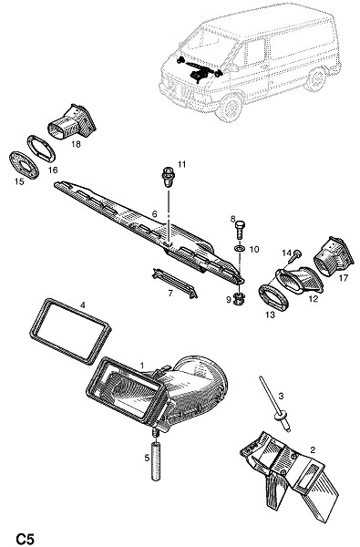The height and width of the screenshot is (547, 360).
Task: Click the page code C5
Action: [25, 538]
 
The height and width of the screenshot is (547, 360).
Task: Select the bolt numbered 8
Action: [241, 230]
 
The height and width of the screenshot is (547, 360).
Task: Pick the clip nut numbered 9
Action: [239, 298]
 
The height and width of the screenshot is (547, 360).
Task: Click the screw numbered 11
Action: [169, 177]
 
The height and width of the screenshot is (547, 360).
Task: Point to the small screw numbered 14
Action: [295, 256]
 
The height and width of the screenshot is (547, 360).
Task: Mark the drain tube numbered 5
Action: [157, 460]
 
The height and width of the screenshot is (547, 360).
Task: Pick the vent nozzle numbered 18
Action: [72, 121]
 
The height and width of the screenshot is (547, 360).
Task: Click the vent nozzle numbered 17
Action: [334, 257]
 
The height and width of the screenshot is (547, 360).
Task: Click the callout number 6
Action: [155, 214]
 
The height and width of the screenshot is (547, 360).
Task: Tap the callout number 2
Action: [313, 449]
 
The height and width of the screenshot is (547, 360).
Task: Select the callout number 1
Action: [142, 366]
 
